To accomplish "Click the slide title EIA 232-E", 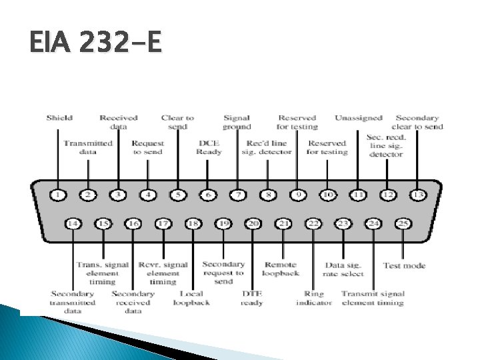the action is (95, 44).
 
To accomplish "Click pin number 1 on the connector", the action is (58, 195).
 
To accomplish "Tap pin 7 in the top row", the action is (237, 195).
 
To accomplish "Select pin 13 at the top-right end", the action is (417, 195).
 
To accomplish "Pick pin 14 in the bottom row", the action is (73, 223).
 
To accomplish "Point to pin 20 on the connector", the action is (253, 223).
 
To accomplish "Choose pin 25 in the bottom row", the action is (403, 223).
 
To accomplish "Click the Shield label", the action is (59, 118).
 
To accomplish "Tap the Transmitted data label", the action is (88, 147).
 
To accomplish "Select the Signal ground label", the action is (237, 122).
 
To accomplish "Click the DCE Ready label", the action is (209, 147).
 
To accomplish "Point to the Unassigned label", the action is (359, 118).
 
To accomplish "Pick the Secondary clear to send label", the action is (417, 122).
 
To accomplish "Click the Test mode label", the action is (404, 265).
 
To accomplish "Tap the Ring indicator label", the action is (314, 298).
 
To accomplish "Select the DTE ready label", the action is (253, 298).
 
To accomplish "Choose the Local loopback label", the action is (191, 298).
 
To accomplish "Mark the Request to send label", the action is (147, 147).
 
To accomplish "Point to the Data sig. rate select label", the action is (344, 269).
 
